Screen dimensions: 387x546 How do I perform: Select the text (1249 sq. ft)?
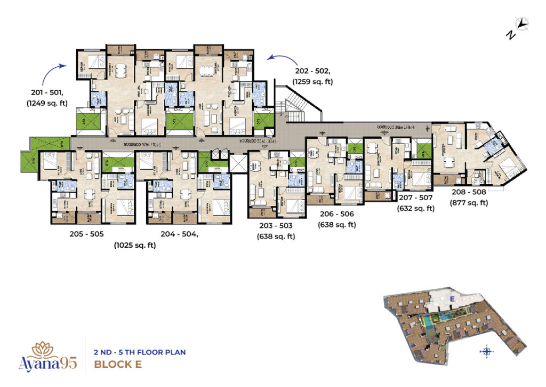click(47, 103)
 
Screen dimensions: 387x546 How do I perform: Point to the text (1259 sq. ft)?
click(312, 82)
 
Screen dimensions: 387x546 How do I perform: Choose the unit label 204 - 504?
click(181, 234)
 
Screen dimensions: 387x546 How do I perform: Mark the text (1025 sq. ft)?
click(134, 246)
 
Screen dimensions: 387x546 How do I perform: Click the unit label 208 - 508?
click(469, 192)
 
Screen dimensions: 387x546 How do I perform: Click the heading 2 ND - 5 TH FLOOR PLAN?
click(139, 352)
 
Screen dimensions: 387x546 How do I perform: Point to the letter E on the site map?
click(452, 298)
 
